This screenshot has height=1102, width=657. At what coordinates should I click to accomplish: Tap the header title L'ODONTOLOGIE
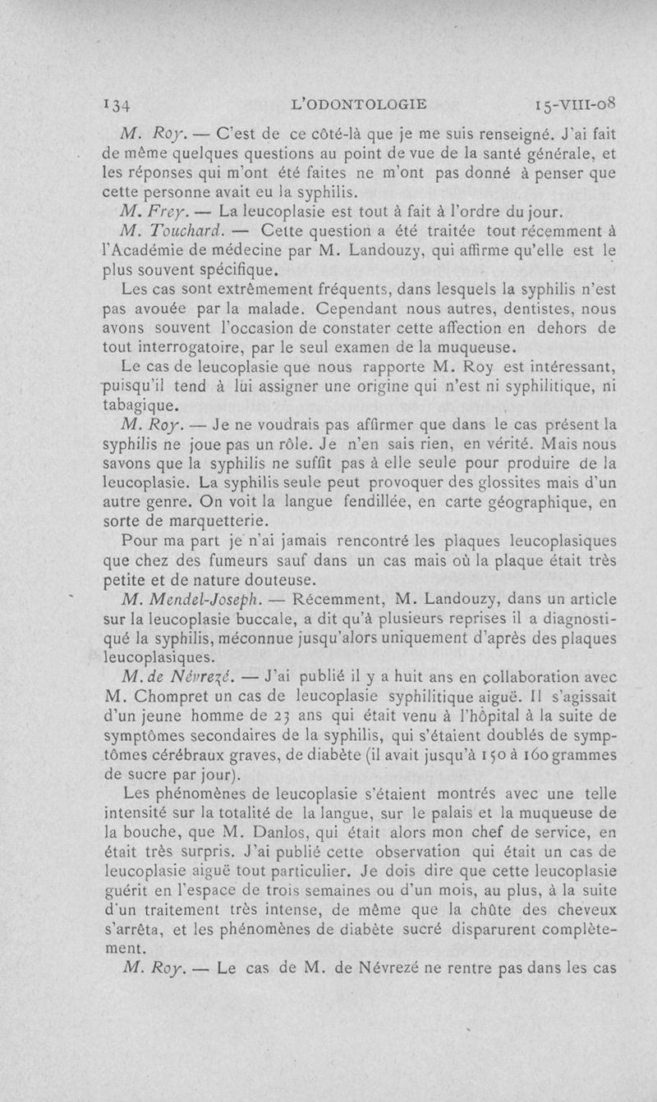pyautogui.click(x=361, y=104)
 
